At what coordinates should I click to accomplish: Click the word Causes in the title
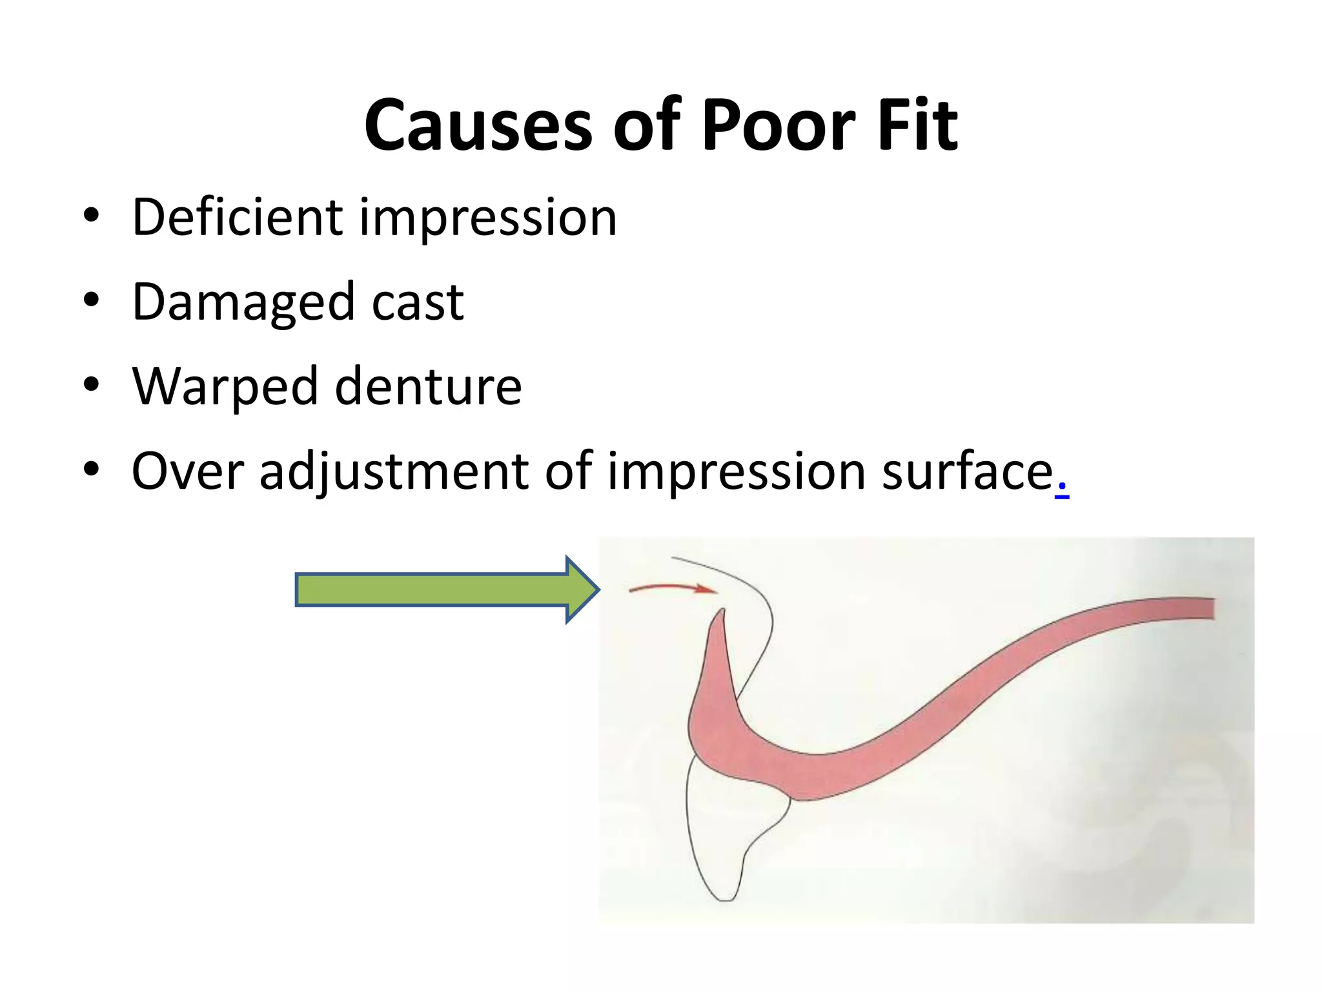click(x=478, y=126)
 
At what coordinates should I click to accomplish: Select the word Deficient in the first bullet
click(x=236, y=217)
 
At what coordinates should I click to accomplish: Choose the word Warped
click(x=225, y=387)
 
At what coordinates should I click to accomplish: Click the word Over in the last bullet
click(x=187, y=471)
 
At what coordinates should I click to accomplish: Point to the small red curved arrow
click(x=671, y=587)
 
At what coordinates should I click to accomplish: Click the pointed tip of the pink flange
click(x=722, y=611)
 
